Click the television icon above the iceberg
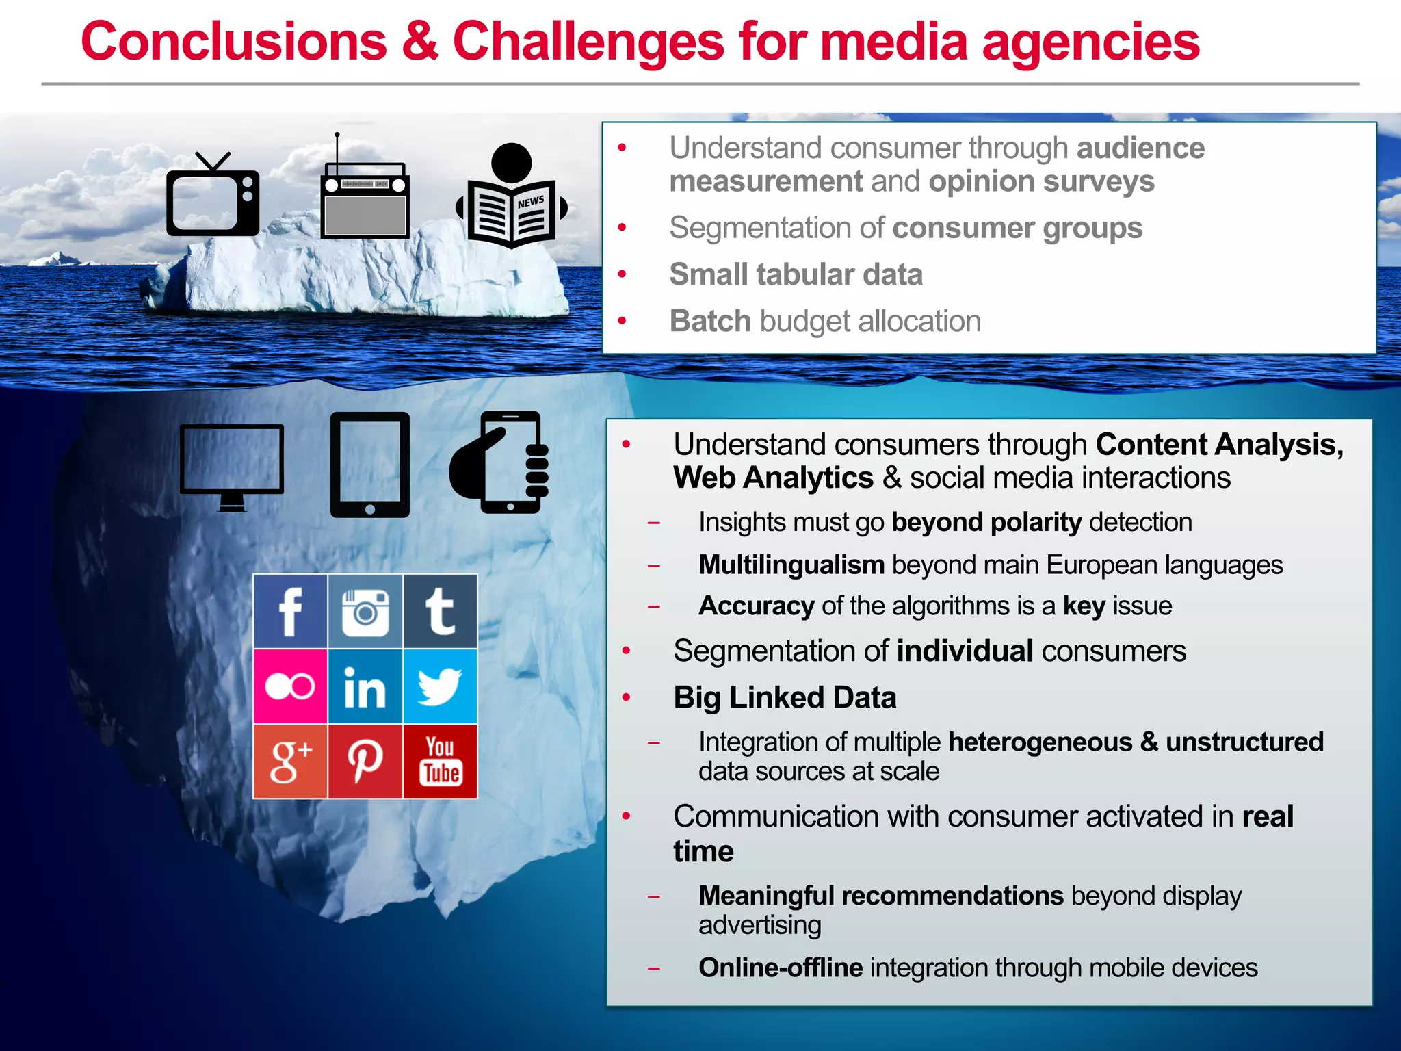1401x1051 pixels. tap(213, 199)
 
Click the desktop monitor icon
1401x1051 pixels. tap(232, 465)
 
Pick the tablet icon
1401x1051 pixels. tap(370, 465)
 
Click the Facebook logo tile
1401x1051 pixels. tap(290, 611)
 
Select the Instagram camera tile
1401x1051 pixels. tap(365, 611)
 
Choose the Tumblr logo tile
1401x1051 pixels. tap(440, 611)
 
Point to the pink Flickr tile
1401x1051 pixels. tap(290, 686)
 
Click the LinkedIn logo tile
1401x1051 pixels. tap(365, 686)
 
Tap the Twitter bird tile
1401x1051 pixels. tap(440, 686)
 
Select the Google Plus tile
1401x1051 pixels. tap(290, 761)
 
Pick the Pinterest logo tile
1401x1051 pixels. tap(365, 761)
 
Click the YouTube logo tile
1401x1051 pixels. tap(440, 761)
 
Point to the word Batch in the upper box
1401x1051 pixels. tap(710, 321)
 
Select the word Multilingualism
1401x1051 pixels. tap(791, 565)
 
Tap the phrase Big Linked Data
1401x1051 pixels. tap(785, 698)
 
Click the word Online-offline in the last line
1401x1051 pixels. tap(781, 968)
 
